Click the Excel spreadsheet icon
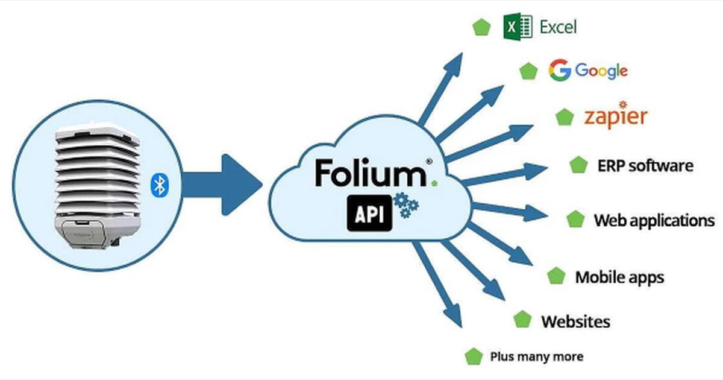point(518,27)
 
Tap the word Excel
point(558,27)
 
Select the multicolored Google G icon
point(559,71)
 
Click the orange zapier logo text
point(615,116)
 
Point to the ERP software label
point(645,165)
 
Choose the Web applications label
point(654,220)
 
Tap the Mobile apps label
point(619,277)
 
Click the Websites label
point(575,321)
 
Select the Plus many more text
point(536,356)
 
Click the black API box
point(369,214)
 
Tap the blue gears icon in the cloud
point(405,205)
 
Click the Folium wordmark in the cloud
point(369,173)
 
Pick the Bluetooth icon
point(160,185)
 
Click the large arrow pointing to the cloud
point(223,185)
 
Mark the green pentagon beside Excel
point(481,28)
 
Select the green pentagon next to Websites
point(522,320)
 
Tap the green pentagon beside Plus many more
point(474,356)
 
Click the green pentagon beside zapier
point(565,117)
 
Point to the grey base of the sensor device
point(99,232)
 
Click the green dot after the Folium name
point(434,182)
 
